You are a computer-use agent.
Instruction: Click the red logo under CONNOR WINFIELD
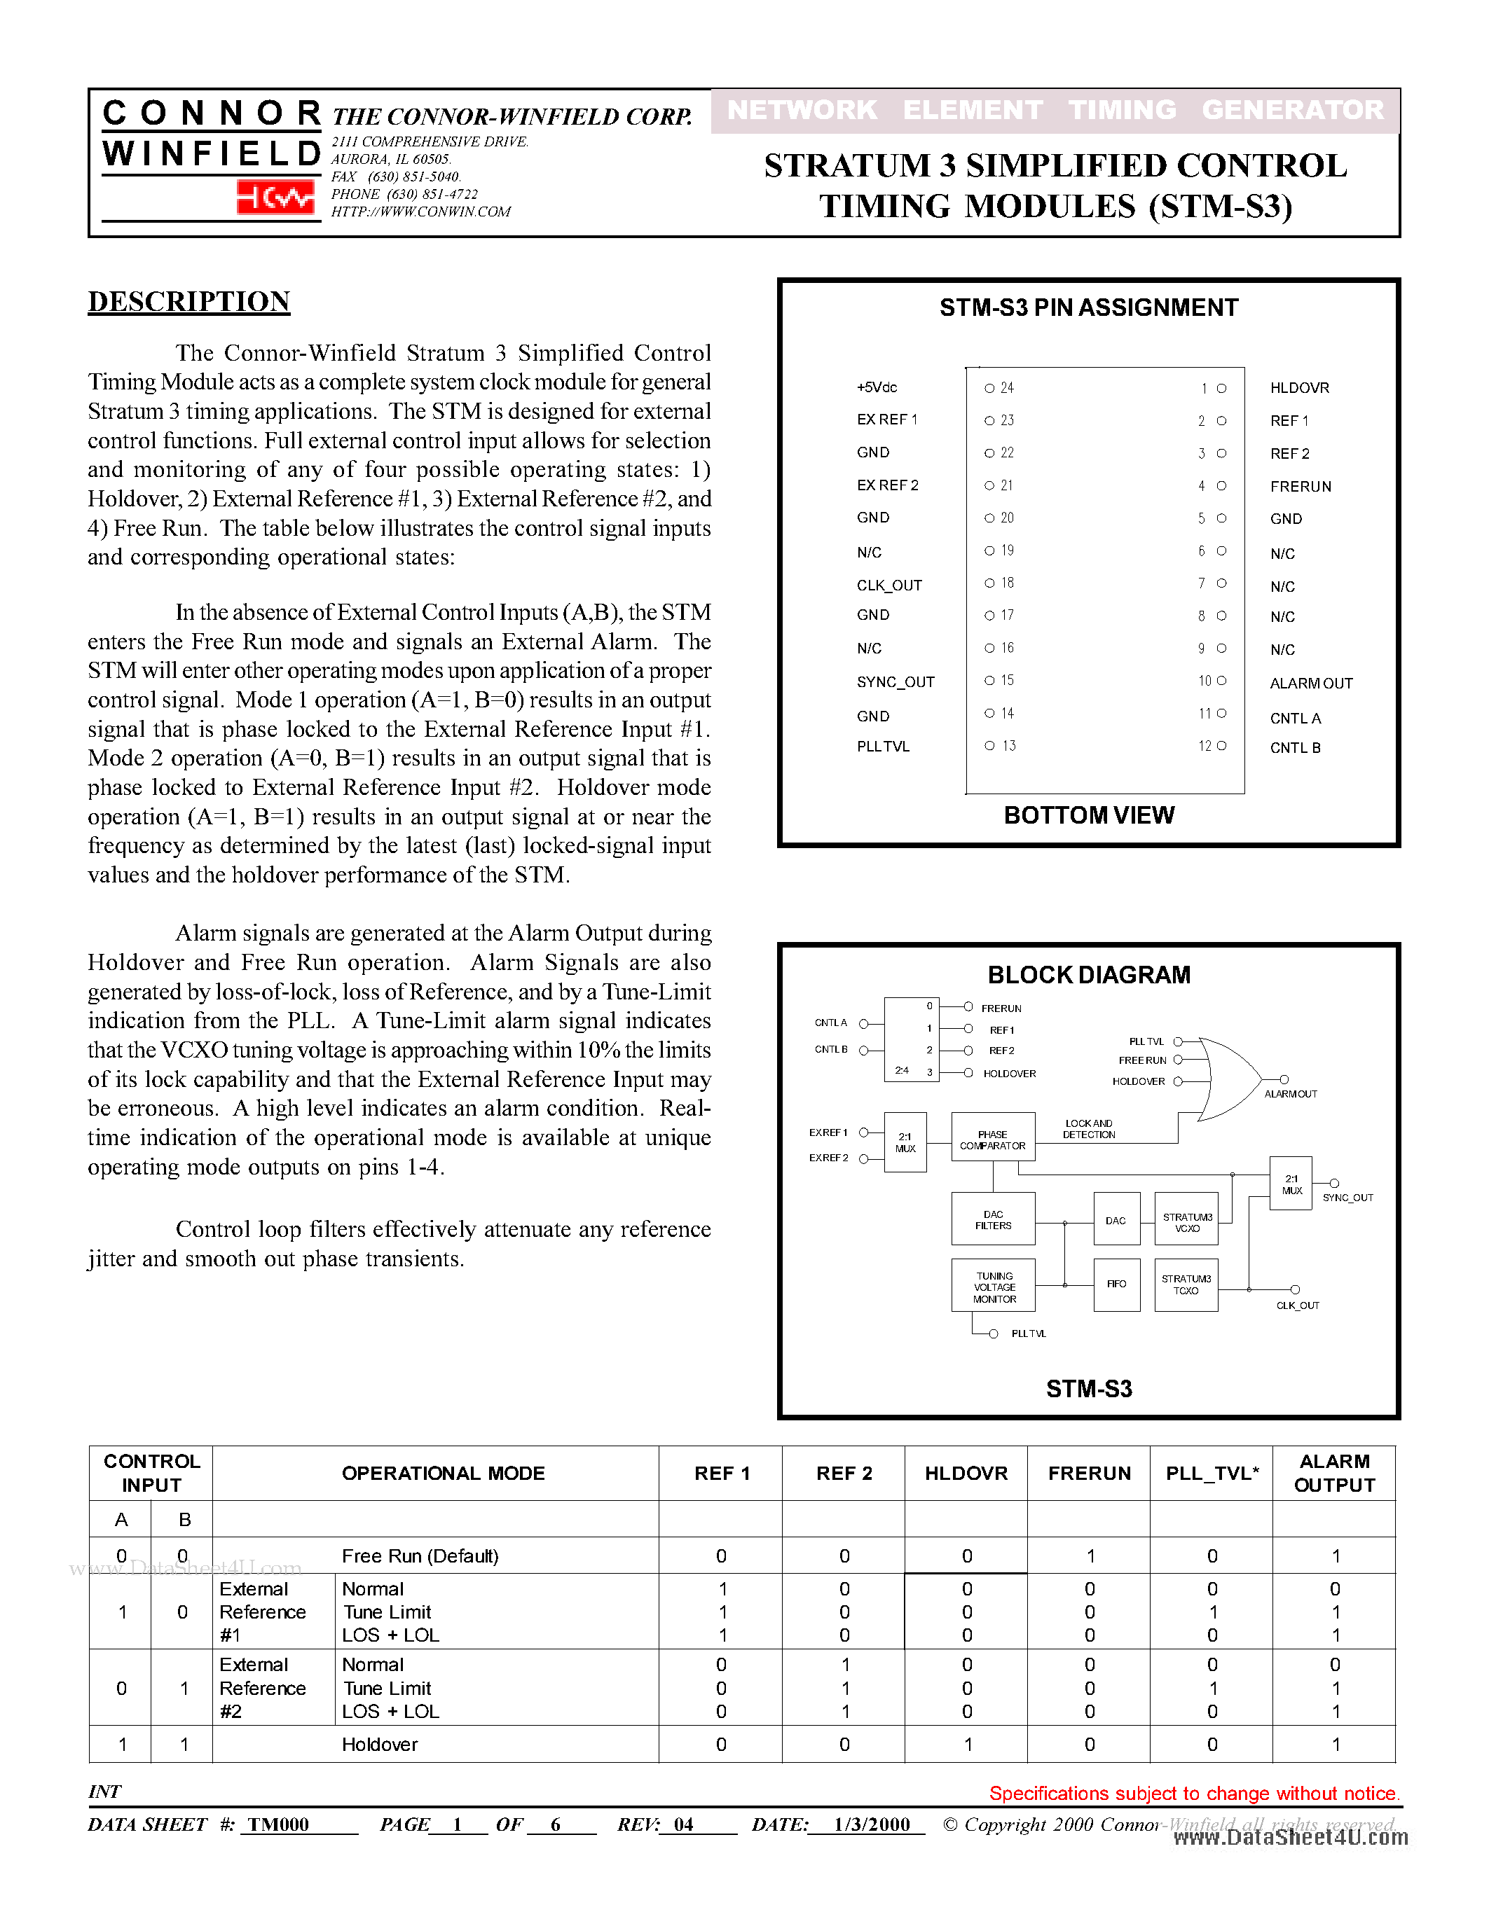point(275,198)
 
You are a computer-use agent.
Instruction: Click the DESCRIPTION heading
point(188,302)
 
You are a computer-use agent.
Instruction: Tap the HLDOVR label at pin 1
point(1298,388)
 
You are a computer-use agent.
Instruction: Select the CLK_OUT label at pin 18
point(888,586)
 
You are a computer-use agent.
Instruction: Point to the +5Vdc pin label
point(876,387)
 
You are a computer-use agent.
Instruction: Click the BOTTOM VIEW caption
point(1088,815)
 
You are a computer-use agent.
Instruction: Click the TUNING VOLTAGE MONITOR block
point(994,1287)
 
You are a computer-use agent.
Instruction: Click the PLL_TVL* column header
point(1211,1474)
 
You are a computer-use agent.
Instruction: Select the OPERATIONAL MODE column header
point(443,1474)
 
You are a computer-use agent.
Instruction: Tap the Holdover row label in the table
point(379,1745)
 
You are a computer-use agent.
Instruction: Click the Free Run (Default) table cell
point(420,1556)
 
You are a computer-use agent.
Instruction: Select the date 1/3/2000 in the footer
point(872,1824)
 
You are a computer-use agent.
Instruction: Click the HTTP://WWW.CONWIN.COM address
point(420,212)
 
